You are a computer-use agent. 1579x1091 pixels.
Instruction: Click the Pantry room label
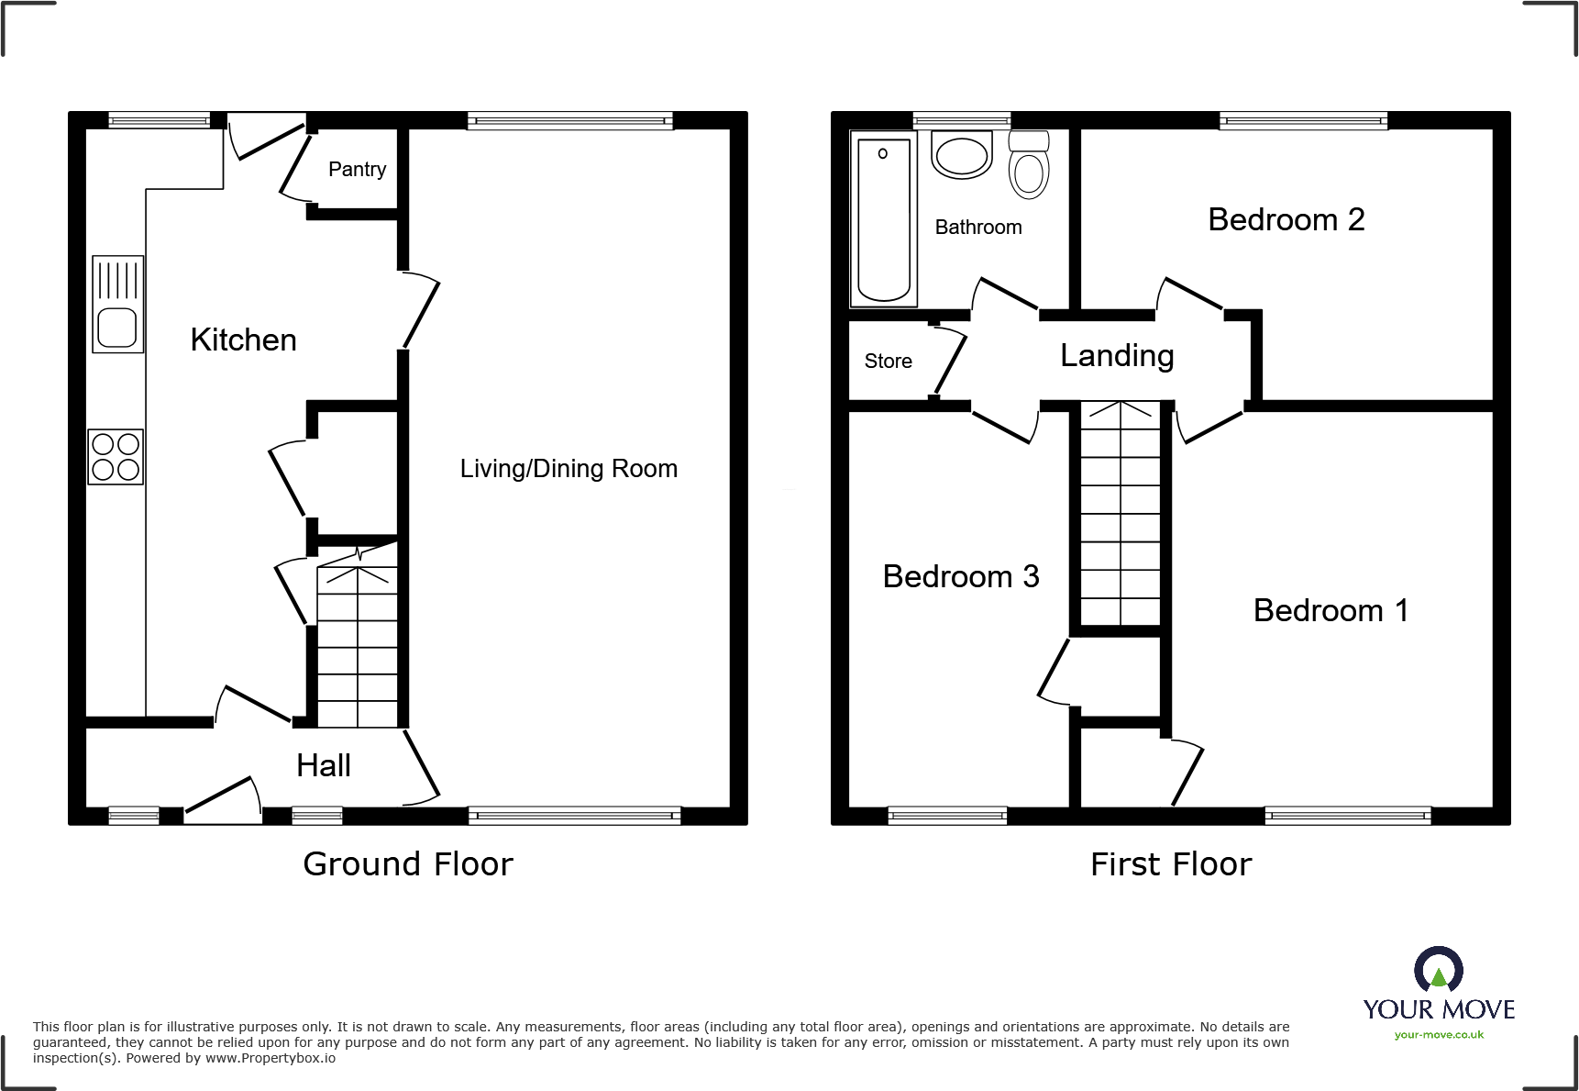point(357,170)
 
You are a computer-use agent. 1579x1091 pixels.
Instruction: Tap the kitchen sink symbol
point(117,305)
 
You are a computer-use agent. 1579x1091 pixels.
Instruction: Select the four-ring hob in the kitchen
point(116,457)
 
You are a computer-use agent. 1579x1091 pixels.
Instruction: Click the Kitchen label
point(243,340)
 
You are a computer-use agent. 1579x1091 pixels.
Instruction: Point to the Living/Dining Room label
point(569,469)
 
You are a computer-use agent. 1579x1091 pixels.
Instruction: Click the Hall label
point(324,766)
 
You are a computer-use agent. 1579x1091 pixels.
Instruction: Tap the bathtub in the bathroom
point(884,219)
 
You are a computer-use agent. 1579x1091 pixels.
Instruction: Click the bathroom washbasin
point(962,155)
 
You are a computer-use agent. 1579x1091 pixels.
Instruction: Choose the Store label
point(888,362)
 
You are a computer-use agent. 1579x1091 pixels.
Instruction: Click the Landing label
point(1117,356)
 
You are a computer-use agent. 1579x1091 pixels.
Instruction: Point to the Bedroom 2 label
point(1286,220)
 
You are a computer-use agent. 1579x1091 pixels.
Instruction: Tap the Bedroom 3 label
point(960,577)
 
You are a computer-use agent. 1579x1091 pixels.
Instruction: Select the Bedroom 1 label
point(1330,611)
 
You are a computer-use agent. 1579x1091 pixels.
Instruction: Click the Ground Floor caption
point(408,864)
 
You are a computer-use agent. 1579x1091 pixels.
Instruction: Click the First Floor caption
point(1171,864)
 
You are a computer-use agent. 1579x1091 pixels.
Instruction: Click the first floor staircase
point(1120,514)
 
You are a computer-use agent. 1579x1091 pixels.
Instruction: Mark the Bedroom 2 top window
point(1303,120)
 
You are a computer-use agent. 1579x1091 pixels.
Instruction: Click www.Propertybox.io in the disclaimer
point(270,1059)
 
